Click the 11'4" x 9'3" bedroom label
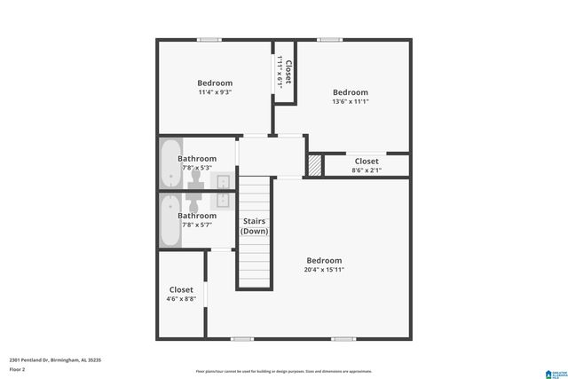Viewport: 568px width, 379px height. point(214,87)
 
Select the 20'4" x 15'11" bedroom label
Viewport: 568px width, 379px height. point(323,265)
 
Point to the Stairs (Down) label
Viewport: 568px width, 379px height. point(254,226)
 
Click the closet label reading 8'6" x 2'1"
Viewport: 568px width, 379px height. point(366,166)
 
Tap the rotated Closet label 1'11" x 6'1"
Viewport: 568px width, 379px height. point(285,68)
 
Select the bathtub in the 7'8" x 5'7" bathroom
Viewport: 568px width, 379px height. point(170,220)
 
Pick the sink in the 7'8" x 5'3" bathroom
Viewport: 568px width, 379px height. point(224,181)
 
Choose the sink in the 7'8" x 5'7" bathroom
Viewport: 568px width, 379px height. point(224,198)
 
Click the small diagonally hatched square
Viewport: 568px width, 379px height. point(314,166)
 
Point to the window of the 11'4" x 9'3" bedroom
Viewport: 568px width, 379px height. point(209,39)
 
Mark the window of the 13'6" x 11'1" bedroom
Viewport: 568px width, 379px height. point(330,39)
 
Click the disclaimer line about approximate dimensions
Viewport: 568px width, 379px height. point(284,371)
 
